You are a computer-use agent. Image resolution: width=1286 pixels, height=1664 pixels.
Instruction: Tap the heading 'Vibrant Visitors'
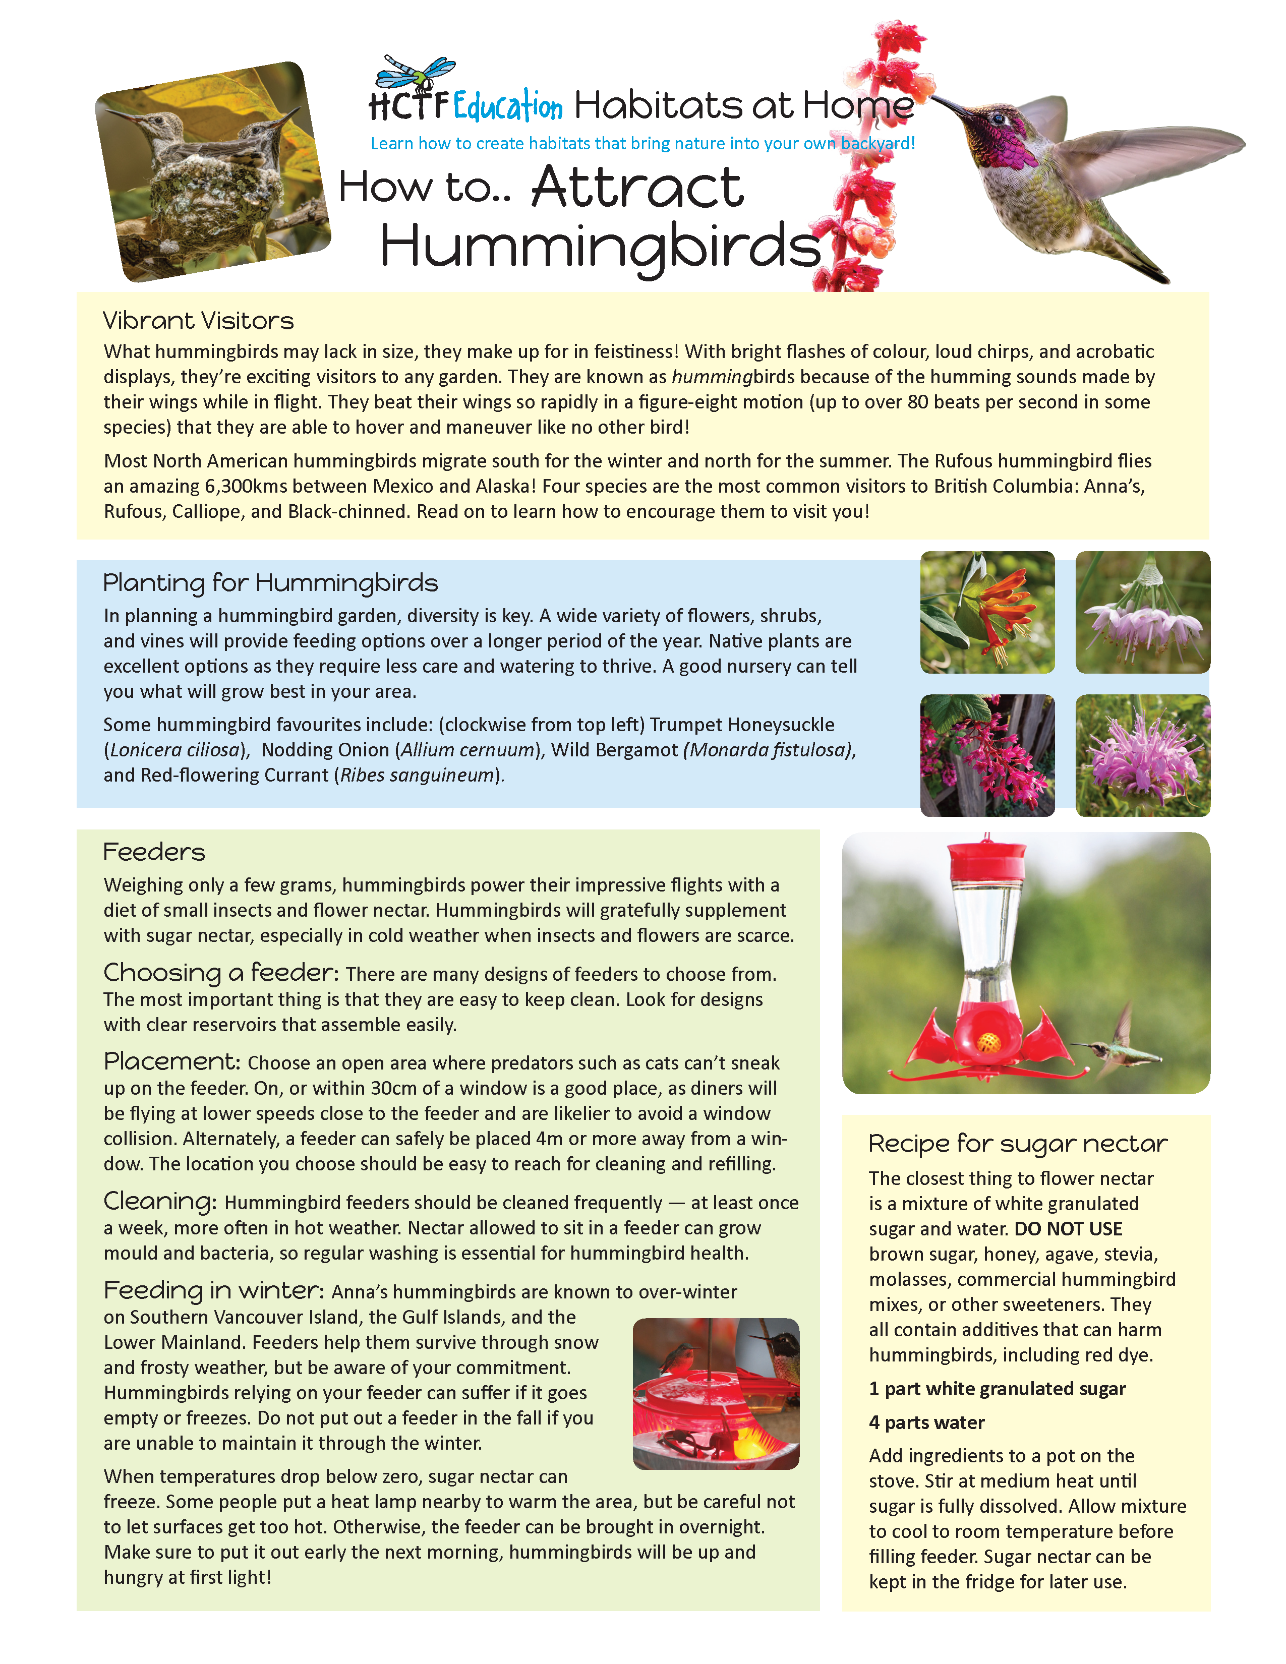click(198, 321)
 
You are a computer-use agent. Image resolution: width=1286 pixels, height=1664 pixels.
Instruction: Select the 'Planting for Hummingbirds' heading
click(270, 583)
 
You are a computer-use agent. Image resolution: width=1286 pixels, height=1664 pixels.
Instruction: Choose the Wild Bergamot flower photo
click(1142, 755)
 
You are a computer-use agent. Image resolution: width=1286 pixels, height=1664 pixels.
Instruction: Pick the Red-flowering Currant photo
click(987, 755)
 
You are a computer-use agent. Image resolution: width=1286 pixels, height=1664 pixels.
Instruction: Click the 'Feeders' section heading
click(154, 852)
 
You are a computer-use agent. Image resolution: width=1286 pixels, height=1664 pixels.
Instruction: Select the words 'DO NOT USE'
click(1068, 1229)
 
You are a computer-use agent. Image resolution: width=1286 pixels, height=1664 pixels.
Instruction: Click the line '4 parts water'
click(926, 1422)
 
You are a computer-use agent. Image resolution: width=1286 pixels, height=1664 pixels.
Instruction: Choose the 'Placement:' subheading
click(172, 1061)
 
